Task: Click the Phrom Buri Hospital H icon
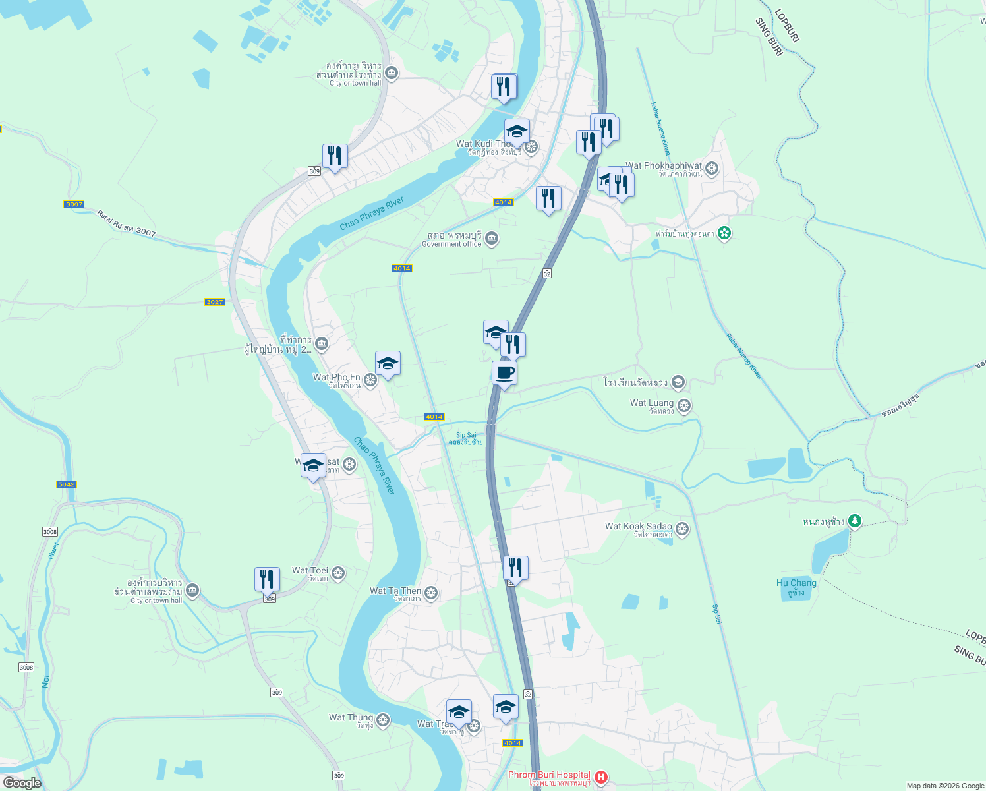tap(601, 778)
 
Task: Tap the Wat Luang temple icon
tap(684, 406)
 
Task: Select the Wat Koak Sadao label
tap(638, 526)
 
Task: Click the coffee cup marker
tap(504, 374)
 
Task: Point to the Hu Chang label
tap(796, 583)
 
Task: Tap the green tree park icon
tap(855, 522)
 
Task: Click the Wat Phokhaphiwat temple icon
tap(712, 169)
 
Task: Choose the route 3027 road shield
tap(215, 302)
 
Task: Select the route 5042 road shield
tap(67, 484)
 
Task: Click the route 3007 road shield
tap(74, 204)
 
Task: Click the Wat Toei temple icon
tap(338, 573)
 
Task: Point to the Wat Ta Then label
tap(395, 591)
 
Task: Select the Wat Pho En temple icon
tap(370, 380)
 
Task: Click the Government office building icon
tap(492, 239)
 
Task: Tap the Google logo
tap(22, 783)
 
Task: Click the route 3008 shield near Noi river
tap(26, 668)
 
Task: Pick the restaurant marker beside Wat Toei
tap(267, 579)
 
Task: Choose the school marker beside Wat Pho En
tap(388, 364)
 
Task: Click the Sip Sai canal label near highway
tap(466, 436)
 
